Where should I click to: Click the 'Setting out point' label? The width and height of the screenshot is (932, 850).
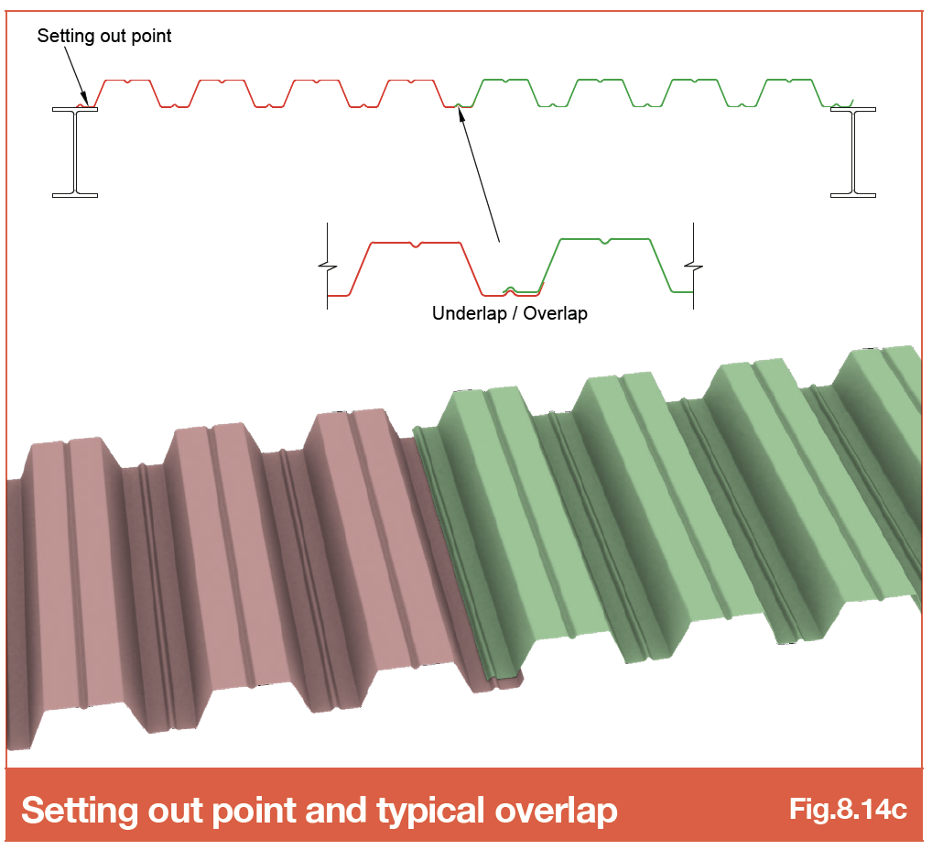tap(104, 37)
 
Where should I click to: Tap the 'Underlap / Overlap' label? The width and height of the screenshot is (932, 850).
tap(509, 313)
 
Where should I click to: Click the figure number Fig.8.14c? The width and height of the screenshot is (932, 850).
tap(848, 809)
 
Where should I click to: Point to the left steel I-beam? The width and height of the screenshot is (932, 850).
tap(75, 152)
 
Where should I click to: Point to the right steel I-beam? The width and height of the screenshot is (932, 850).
tap(853, 152)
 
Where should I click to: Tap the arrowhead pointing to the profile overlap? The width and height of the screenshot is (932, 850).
tap(461, 113)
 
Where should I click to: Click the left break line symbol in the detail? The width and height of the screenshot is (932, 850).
tap(328, 266)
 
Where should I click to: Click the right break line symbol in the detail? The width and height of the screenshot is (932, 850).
tap(694, 266)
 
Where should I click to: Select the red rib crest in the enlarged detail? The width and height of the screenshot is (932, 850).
tap(416, 244)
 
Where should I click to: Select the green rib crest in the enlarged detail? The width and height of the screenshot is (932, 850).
tap(604, 240)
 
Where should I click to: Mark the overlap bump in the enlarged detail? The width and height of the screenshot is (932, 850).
tap(510, 290)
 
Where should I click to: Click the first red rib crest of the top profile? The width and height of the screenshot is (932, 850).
tap(127, 81)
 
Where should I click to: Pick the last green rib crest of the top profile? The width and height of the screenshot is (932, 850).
tap(789, 80)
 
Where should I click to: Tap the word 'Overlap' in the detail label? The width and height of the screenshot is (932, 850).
tap(555, 313)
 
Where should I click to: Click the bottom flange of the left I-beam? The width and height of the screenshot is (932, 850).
tap(75, 195)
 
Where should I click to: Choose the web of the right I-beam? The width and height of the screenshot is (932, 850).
tap(853, 152)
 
